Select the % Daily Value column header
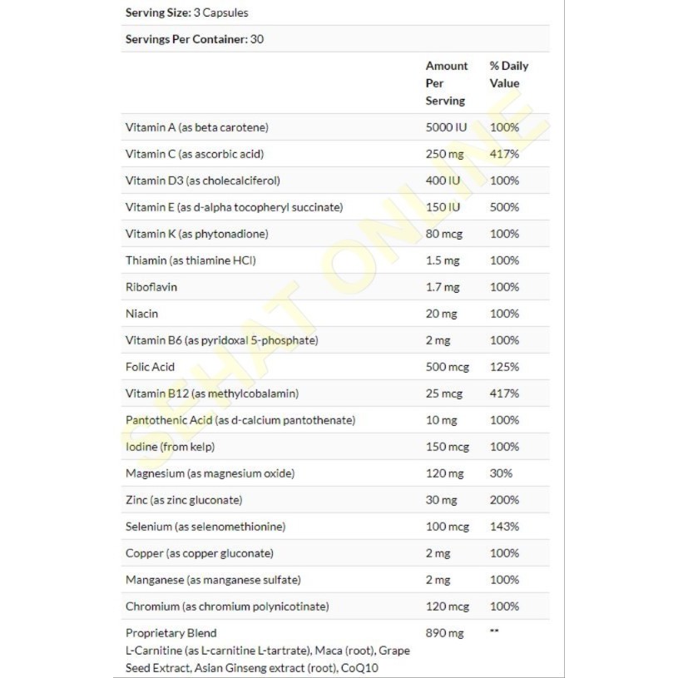tap(508, 74)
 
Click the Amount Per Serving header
tap(447, 83)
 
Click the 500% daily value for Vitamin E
tap(504, 207)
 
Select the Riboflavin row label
tap(151, 287)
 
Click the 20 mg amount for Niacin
tap(442, 314)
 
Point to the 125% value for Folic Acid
tap(504, 367)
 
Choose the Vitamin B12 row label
tap(211, 393)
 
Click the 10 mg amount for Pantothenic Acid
tap(442, 420)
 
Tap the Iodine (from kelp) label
tap(170, 447)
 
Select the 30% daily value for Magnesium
tap(501, 473)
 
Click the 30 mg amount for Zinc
tap(442, 500)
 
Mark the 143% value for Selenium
tap(504, 527)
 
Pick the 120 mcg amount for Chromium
tap(448, 606)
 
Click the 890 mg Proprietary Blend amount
tap(444, 633)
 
